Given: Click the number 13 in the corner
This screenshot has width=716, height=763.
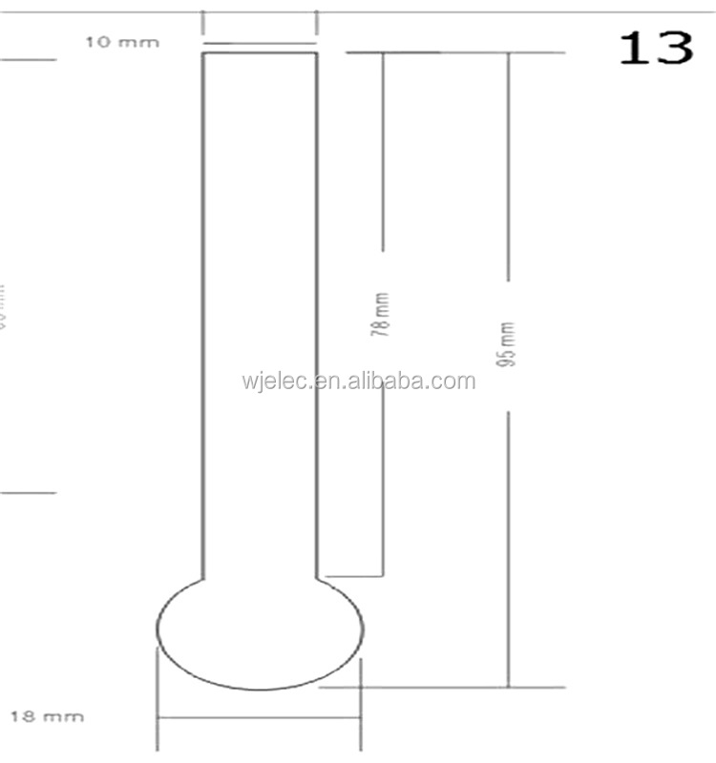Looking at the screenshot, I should (656, 47).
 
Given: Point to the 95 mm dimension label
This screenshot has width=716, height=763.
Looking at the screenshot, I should (508, 345).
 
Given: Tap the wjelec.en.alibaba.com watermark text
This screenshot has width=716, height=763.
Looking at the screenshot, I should (358, 382).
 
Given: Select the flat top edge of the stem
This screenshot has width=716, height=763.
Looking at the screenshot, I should (260, 52).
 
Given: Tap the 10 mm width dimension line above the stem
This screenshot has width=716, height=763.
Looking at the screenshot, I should (260, 43).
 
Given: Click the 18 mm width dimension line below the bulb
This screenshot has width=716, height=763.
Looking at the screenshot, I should (259, 718).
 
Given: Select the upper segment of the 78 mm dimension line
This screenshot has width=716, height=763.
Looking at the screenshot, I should (383, 153).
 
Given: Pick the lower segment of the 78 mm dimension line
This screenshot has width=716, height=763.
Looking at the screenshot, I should (383, 477).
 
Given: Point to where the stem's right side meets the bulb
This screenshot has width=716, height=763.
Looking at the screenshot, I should (317, 579).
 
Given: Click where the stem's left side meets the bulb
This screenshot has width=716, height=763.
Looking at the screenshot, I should (203, 579).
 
